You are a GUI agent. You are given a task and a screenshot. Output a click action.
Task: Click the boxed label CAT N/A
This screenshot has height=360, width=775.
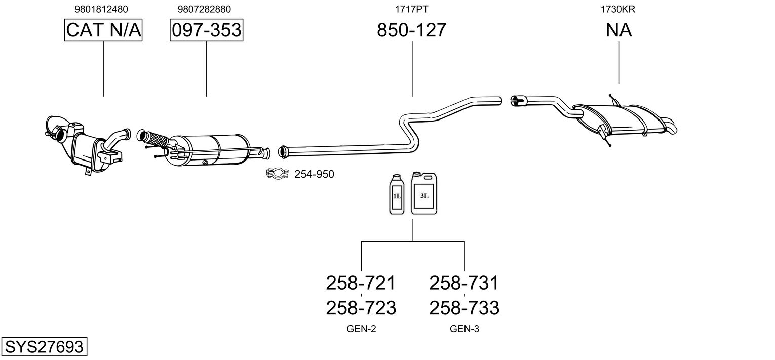pos(103,30)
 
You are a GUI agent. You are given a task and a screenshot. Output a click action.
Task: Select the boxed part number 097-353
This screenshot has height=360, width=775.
pos(206,30)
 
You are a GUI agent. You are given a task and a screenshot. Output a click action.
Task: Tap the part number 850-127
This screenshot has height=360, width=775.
pos(412,30)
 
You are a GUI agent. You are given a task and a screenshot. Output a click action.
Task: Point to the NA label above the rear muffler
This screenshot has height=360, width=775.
pos(618,30)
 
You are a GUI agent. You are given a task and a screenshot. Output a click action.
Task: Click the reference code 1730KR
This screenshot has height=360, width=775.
pos(618,9)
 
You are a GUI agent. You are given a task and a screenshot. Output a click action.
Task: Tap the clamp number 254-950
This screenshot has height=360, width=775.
pos(314,175)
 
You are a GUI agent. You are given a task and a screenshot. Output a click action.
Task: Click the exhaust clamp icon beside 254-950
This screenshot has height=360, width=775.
pos(277,174)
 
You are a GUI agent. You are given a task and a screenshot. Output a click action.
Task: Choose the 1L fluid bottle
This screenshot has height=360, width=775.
pos(397,194)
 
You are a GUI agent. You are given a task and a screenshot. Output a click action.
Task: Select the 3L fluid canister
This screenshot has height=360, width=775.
pos(424,193)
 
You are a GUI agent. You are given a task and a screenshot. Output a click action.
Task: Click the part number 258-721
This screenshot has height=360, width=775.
pos(361,283)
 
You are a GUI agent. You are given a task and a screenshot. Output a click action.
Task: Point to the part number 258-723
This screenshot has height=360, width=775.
pos(361,307)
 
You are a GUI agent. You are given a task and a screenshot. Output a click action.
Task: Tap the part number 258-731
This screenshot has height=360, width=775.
pos(464,283)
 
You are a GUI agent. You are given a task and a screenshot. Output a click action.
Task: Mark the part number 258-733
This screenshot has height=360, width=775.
pos(464,307)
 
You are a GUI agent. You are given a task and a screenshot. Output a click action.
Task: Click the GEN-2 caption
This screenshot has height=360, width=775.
pos(361,329)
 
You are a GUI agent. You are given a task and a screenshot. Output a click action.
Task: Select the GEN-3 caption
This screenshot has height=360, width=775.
pos(464,329)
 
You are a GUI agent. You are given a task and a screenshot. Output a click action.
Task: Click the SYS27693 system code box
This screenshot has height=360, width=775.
pos(44,347)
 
